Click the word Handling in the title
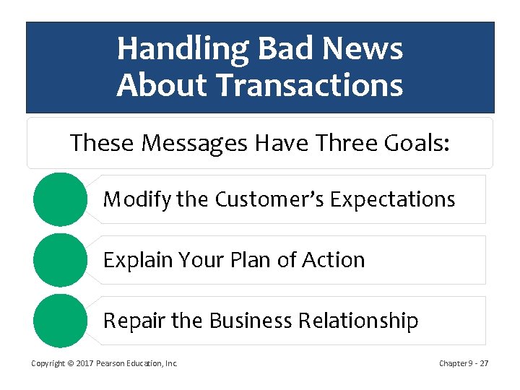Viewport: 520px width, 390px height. click(183, 50)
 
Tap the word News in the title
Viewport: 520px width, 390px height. click(363, 48)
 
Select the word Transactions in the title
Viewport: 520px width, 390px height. click(309, 84)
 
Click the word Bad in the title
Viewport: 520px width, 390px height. click(285, 48)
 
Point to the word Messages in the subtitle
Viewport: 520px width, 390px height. click(194, 144)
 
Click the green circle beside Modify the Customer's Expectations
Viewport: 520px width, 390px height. click(61, 199)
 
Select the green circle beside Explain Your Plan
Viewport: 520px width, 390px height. click(61, 260)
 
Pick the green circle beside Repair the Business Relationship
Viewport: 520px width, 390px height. click(61, 321)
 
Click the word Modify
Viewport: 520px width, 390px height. click(137, 199)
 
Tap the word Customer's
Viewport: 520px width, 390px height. click(269, 199)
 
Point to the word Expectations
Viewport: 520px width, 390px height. click(393, 199)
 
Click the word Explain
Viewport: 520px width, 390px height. click(138, 260)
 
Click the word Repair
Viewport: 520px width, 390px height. click(134, 321)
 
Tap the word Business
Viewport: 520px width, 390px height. click(251, 321)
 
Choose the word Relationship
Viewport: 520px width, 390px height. click(358, 321)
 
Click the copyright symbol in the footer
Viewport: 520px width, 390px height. click(71, 363)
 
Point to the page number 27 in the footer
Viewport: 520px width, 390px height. click(484, 363)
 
